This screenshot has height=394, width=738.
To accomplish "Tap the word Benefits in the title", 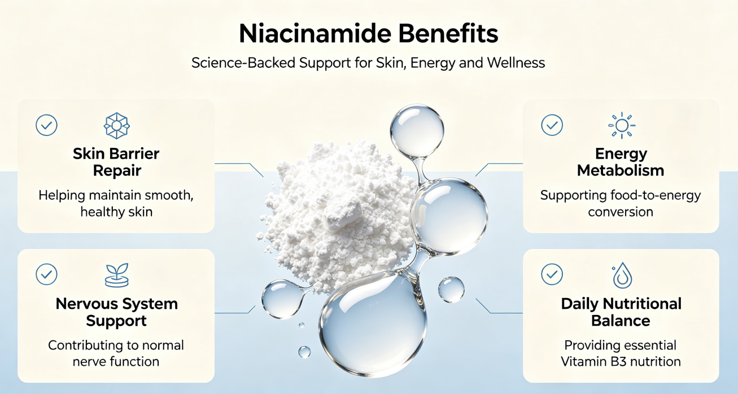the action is [x=448, y=34].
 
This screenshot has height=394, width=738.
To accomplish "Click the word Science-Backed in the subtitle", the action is [x=243, y=63].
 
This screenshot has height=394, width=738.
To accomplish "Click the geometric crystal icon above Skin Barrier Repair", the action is [x=117, y=125].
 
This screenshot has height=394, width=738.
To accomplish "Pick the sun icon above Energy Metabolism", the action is [x=622, y=125].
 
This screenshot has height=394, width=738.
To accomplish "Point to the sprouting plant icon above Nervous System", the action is [x=117, y=275].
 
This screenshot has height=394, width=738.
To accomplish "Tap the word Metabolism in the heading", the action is [x=621, y=170].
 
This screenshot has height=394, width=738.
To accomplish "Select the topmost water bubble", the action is [x=417, y=131].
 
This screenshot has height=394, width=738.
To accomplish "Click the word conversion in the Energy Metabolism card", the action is [x=621, y=212].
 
